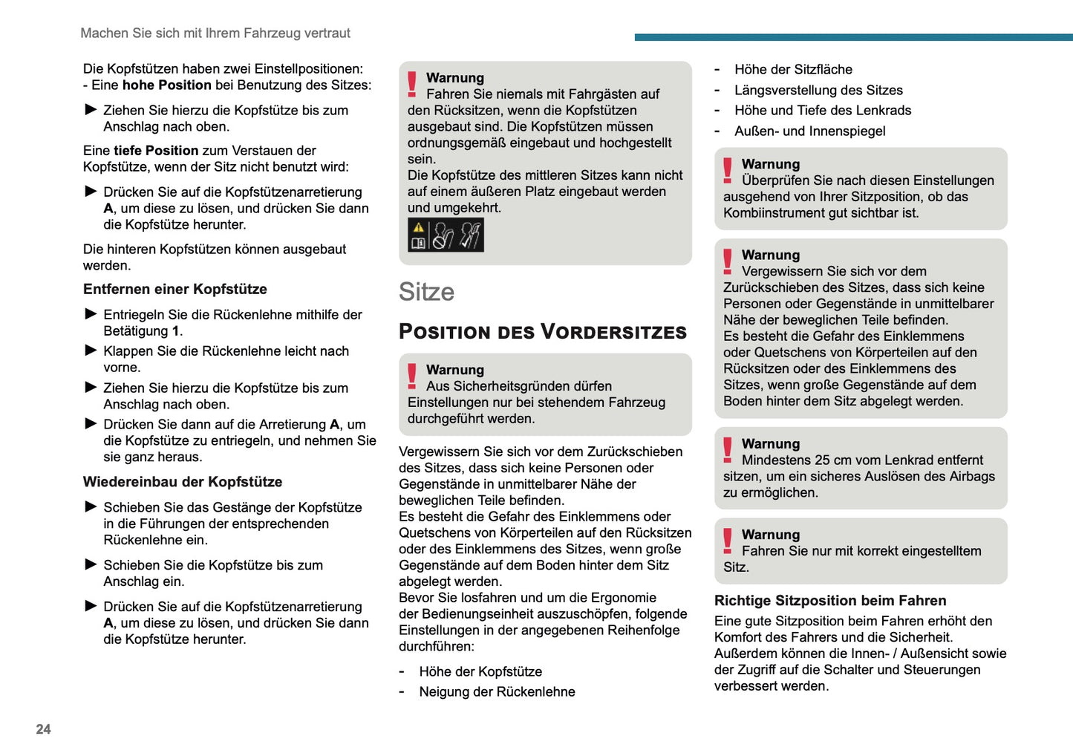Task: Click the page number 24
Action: (x=43, y=729)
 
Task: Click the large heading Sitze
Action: (x=426, y=292)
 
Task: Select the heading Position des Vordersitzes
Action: (x=543, y=332)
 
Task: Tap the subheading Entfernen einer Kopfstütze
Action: (x=175, y=290)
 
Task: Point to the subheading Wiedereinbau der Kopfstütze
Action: (x=183, y=482)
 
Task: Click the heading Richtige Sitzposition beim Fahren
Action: (x=830, y=601)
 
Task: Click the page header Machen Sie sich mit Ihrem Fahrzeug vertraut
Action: (x=215, y=33)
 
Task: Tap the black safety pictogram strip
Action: (x=446, y=235)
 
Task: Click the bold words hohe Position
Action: (x=167, y=85)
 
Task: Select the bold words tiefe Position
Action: (x=156, y=151)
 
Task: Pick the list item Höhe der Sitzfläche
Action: (x=793, y=70)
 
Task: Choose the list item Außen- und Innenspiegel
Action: (x=809, y=131)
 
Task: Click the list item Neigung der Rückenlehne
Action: (x=497, y=692)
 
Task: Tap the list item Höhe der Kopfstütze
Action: (x=480, y=672)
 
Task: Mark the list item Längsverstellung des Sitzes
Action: (x=818, y=91)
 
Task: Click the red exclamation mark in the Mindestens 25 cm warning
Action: (x=728, y=450)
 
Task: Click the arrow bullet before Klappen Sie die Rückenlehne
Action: (x=91, y=351)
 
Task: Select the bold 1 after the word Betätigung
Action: (x=175, y=331)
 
